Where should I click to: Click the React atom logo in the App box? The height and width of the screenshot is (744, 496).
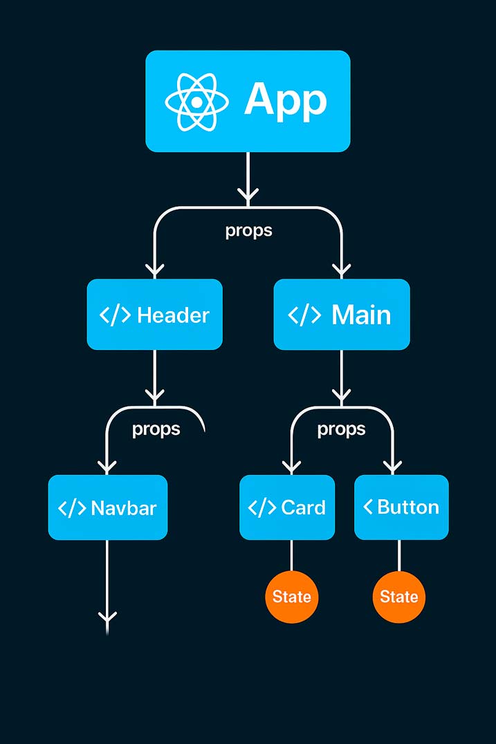tap(196, 102)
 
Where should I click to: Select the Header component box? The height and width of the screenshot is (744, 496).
tap(154, 315)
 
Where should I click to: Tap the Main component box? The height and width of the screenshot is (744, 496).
tap(342, 315)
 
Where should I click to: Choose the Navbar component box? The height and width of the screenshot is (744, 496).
tap(107, 508)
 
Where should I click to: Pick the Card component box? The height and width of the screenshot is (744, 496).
tap(287, 507)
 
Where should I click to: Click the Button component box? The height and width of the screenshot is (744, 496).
tap(401, 507)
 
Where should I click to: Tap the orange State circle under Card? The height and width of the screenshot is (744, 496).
tap(291, 597)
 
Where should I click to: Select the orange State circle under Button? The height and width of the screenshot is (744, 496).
tap(399, 597)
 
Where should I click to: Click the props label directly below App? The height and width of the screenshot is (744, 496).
tap(248, 230)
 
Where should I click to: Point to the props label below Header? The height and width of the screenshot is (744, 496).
tap(156, 429)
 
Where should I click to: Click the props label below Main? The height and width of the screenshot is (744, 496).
tap(341, 429)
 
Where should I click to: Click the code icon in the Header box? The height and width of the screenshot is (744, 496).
tap(115, 315)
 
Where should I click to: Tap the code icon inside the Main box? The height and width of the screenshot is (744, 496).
tap(304, 315)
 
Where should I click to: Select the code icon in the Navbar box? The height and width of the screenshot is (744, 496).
tap(71, 508)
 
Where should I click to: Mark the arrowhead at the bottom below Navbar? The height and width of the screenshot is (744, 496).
tap(107, 617)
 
